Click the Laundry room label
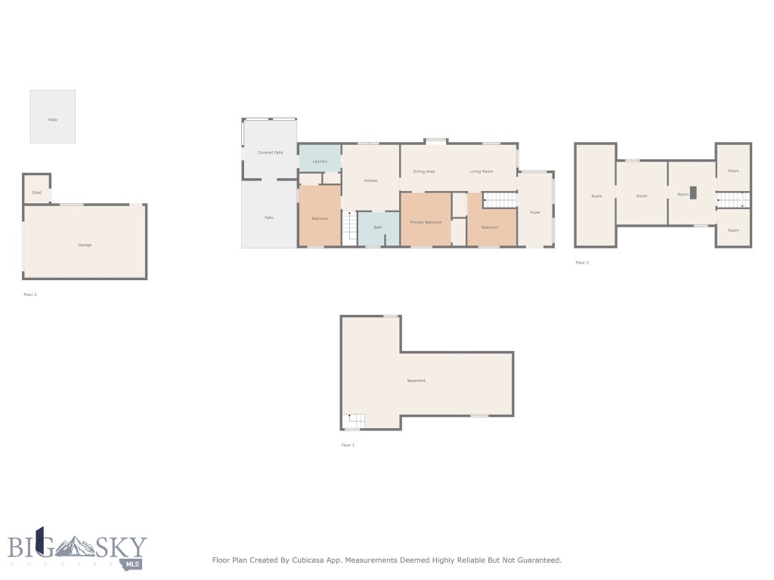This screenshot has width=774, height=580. coord(320,161)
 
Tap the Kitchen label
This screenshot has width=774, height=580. coord(370,180)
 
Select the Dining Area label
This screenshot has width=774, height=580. coord(423,171)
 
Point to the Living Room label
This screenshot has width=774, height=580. coord(481,171)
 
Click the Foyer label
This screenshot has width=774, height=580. coord(535,212)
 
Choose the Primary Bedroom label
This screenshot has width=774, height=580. coord(426,222)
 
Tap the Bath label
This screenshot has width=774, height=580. coord(377,227)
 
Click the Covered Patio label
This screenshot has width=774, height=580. coord(270,153)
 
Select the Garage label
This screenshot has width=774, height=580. coord(85,245)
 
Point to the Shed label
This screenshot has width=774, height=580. coord(36,193)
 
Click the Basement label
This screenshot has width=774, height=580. coord(416,381)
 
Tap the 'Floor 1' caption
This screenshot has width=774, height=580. coord(348,445)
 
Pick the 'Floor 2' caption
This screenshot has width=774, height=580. coord(30,295)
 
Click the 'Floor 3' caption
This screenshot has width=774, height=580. coord(582,263)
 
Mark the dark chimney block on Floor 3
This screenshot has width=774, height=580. coord(693,192)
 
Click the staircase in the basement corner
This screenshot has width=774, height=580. coord(354,421)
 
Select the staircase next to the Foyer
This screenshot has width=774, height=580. coord(500,200)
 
